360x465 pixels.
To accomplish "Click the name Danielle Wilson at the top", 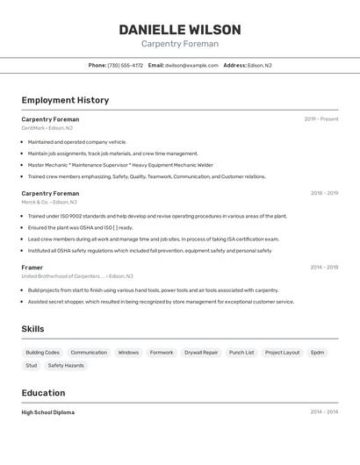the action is (x=179, y=29).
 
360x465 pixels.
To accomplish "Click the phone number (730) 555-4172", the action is (x=126, y=65).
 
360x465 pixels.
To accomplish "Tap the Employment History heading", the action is (x=65, y=100).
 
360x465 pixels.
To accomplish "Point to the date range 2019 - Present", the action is (x=320, y=119).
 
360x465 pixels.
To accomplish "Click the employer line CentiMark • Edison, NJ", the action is (x=47, y=128).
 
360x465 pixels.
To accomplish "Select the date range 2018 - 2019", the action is (x=324, y=193).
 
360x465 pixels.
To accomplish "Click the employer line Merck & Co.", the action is (x=49, y=202).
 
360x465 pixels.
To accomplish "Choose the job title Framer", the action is (x=32, y=267).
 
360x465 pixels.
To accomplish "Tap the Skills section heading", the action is (x=33, y=329).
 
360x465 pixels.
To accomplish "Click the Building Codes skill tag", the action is (x=42, y=353).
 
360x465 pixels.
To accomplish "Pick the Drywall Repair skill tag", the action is (x=201, y=353).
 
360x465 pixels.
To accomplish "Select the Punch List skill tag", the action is (x=241, y=353).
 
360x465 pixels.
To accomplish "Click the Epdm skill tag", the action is (x=317, y=353).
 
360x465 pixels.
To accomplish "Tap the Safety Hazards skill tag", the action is (x=66, y=365).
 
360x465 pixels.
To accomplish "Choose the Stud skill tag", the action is (x=32, y=365).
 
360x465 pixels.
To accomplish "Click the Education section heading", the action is (x=43, y=393).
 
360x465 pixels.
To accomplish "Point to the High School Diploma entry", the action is (x=48, y=412).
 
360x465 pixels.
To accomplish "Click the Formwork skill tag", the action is (x=162, y=353).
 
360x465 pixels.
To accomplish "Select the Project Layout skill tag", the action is (x=282, y=353).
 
